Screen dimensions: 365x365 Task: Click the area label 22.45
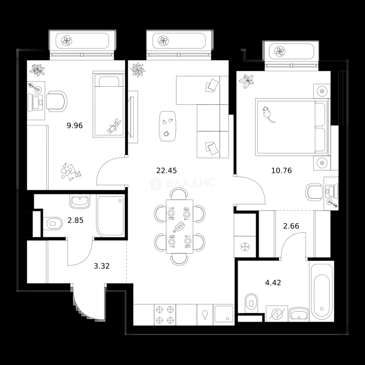coord(166,171)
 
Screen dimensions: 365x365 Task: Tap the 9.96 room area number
coord(75,126)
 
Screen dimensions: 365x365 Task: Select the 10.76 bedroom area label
coord(282,171)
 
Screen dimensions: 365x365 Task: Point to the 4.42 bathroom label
coord(273,283)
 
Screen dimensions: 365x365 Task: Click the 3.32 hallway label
coord(101,266)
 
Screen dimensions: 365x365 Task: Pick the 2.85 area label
coord(75,220)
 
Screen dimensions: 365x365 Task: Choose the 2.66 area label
coord(291,226)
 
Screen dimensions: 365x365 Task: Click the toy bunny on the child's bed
coord(114,126)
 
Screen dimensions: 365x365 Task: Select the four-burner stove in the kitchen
coord(165,315)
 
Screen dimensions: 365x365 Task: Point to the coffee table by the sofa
coord(168,126)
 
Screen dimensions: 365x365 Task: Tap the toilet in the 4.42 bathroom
coord(251,302)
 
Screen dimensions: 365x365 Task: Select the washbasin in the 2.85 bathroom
coord(80,201)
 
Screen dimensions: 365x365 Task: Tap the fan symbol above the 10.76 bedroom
coord(279,51)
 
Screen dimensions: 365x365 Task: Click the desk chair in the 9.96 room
coord(56,101)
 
